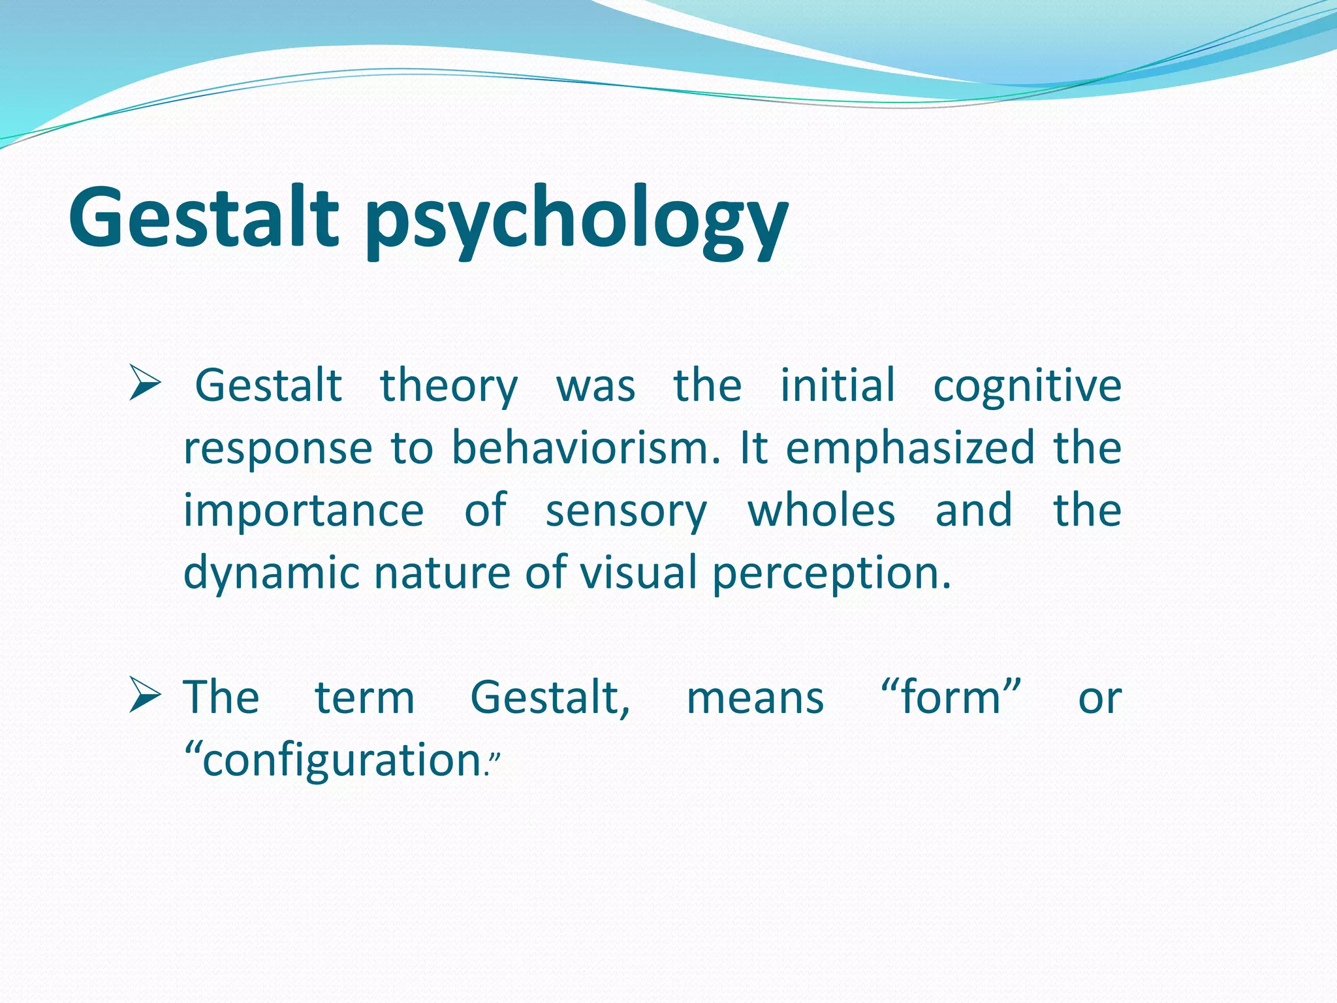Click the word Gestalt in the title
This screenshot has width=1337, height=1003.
[x=204, y=217]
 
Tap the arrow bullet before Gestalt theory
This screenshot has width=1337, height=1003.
[x=144, y=383]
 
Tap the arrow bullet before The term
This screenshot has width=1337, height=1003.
[x=144, y=695]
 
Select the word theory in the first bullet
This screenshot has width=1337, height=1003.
[x=449, y=387]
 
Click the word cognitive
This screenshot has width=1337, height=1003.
[x=1027, y=387]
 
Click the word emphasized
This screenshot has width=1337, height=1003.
[x=910, y=449]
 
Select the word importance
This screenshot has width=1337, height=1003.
[x=304, y=511]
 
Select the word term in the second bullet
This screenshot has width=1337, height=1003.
[x=365, y=697]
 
